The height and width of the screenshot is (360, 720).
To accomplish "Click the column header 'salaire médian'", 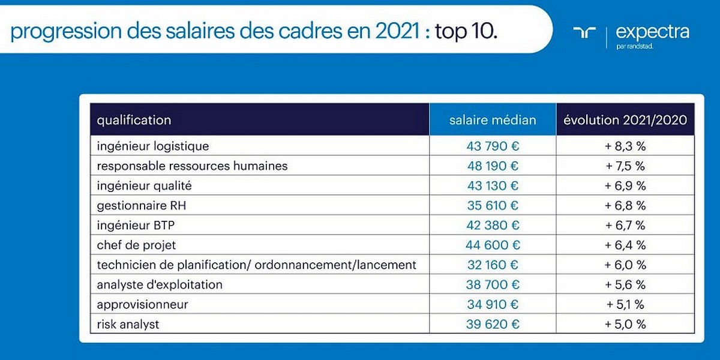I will (493, 120).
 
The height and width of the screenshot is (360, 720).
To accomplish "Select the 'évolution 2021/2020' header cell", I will (625, 120).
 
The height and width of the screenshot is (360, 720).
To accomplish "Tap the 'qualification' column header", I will (134, 120).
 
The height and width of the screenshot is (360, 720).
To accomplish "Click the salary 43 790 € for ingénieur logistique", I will (493, 146).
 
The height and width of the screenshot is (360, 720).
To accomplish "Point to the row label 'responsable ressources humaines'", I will (192, 166).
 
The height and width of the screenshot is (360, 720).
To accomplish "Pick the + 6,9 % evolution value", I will (625, 185).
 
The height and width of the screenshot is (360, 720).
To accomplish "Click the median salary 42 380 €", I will (493, 225).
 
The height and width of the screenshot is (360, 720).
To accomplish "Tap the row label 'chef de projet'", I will (136, 245).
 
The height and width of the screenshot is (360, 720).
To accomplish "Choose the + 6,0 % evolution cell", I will (625, 265).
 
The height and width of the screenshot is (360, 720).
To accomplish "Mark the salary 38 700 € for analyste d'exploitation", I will (493, 284).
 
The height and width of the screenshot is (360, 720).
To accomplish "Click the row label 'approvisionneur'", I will (142, 304).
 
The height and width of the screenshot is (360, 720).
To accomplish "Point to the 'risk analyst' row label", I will (128, 324).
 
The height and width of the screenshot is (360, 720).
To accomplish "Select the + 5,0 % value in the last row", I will (625, 324).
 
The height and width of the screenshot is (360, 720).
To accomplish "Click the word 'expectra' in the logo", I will (652, 32).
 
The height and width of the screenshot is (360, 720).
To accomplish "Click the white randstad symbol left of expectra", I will (584, 32).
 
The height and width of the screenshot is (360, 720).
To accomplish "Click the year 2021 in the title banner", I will (394, 31).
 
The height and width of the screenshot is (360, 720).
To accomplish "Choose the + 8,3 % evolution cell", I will (625, 146).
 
